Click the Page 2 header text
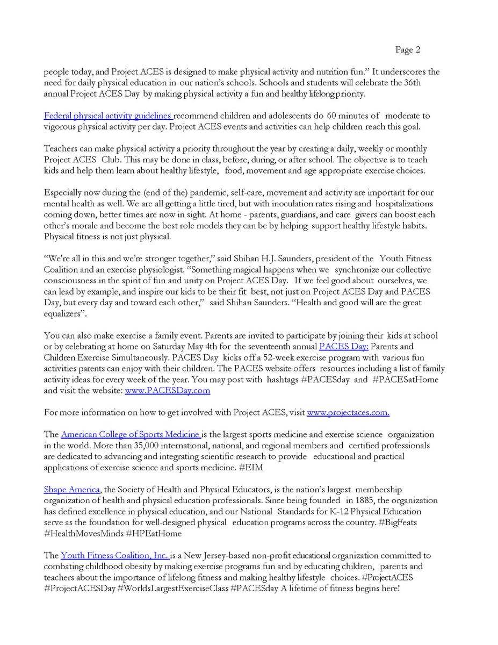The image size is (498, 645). (x=408, y=50)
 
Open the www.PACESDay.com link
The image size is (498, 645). (x=167, y=391)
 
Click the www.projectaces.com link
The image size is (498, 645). (x=348, y=413)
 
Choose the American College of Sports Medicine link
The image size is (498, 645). (x=131, y=434)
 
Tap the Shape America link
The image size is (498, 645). (x=71, y=490)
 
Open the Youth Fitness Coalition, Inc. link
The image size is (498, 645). (x=115, y=555)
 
